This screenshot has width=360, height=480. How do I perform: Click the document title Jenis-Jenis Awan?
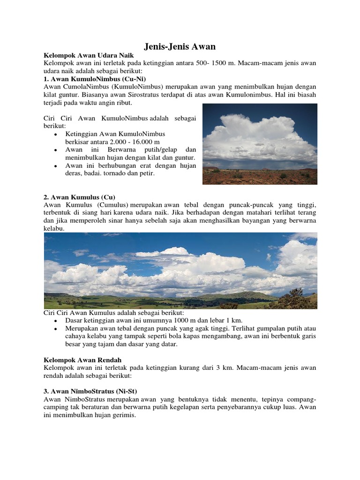180,46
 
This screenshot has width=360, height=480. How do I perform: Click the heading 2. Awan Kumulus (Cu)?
79,197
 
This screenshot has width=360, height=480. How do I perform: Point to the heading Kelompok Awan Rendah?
77,360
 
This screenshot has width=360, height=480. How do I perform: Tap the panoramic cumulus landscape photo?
180,270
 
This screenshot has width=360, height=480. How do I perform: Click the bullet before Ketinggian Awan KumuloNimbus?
55,135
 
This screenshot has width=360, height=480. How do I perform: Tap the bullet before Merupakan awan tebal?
55,329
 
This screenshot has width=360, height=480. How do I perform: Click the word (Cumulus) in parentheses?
113,205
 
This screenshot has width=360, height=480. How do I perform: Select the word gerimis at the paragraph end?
121,415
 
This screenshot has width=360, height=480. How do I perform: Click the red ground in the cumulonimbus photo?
259,178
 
